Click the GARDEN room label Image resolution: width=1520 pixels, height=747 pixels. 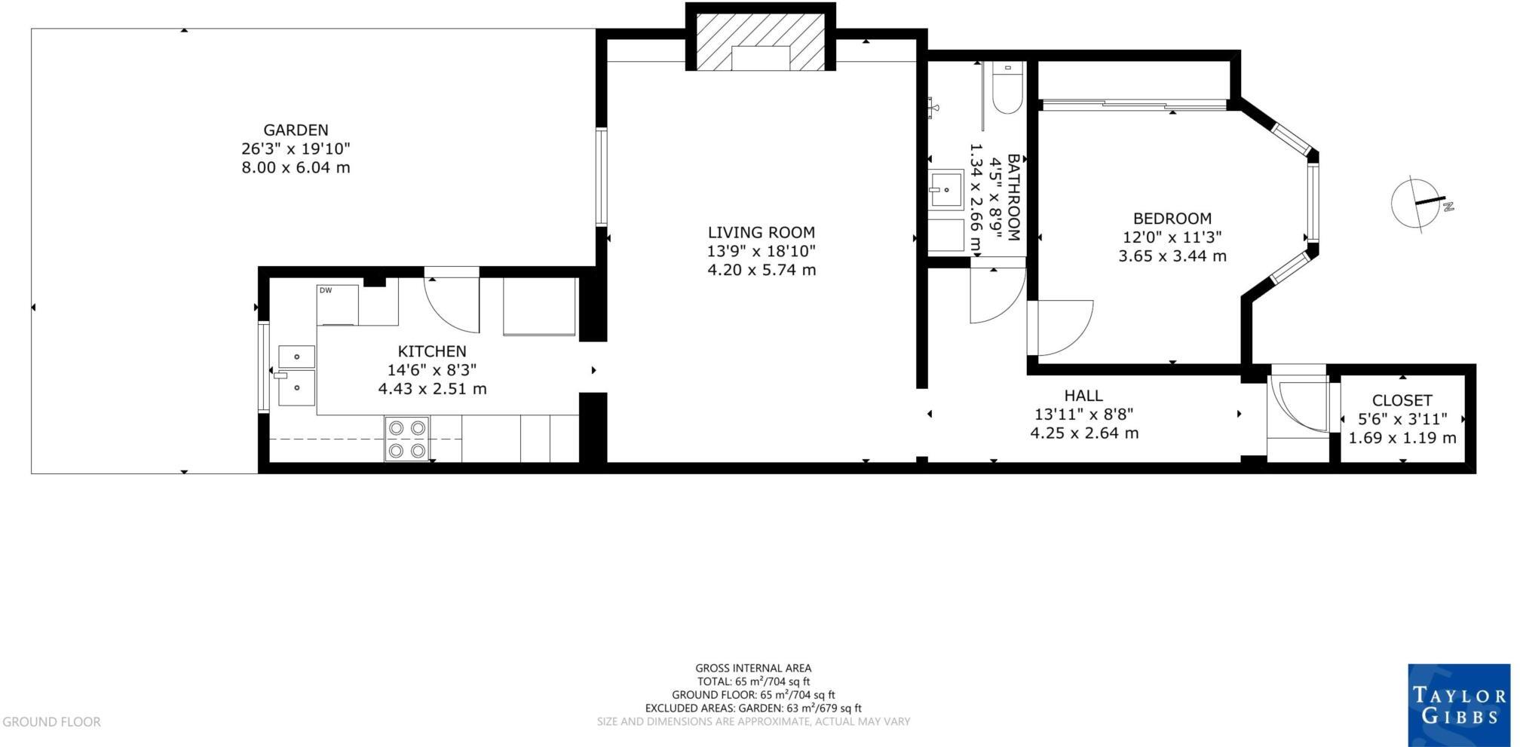click(296, 130)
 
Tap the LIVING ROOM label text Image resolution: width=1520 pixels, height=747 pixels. click(761, 233)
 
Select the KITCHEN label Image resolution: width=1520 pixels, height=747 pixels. click(432, 351)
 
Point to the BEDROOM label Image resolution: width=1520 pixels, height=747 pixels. click(1172, 219)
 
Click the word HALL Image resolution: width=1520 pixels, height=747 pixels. click(1083, 396)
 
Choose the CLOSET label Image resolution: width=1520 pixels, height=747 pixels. click(1402, 401)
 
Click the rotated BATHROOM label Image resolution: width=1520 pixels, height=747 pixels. click(1013, 197)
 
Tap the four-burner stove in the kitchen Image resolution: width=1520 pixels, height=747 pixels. click(407, 439)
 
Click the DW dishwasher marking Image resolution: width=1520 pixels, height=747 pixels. click(326, 290)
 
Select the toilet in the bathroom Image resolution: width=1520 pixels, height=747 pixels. click(1007, 88)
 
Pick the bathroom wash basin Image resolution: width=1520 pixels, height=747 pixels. click(945, 190)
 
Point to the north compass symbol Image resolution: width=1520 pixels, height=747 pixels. click(1419, 203)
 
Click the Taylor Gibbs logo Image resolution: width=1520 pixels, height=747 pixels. click(1458, 705)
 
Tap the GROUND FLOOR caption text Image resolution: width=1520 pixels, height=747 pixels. click(51, 722)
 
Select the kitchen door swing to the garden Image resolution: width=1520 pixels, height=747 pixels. click(452, 302)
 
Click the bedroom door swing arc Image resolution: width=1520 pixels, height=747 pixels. click(1063, 328)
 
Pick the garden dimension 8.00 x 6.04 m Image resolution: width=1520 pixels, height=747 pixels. click(296, 168)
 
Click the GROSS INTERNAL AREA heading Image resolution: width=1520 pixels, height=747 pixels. click(753, 668)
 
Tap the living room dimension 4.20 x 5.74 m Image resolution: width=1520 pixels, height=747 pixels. click(762, 270)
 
